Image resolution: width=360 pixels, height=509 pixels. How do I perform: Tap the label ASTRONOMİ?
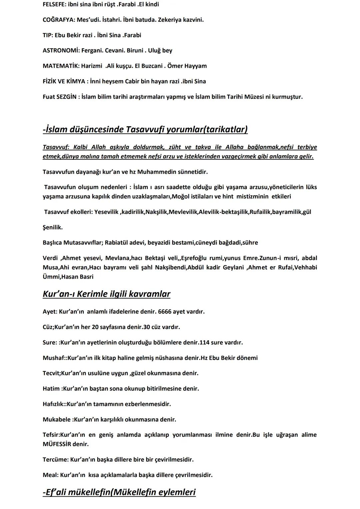click(x=61, y=50)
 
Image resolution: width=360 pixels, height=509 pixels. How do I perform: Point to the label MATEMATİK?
click(x=61, y=66)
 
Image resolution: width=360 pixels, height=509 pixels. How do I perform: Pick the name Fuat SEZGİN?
click(x=59, y=97)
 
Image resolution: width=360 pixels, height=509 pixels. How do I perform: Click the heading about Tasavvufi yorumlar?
click(x=145, y=129)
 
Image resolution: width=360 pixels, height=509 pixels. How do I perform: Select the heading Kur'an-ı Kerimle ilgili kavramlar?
click(x=106, y=294)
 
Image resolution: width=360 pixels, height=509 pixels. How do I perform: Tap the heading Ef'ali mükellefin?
click(x=119, y=492)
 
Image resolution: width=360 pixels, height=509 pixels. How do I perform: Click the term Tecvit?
click(x=51, y=373)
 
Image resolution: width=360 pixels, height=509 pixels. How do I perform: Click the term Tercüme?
click(x=55, y=459)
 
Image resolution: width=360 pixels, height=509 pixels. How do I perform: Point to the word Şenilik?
click(x=52, y=227)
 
